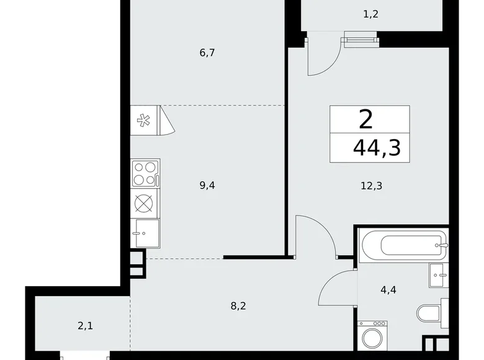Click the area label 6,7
point(207,53)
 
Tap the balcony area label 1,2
point(370,14)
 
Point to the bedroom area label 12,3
point(370,184)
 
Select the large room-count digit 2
point(365,119)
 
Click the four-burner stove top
point(145,173)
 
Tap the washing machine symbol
point(372,338)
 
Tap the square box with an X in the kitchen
point(145,204)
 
